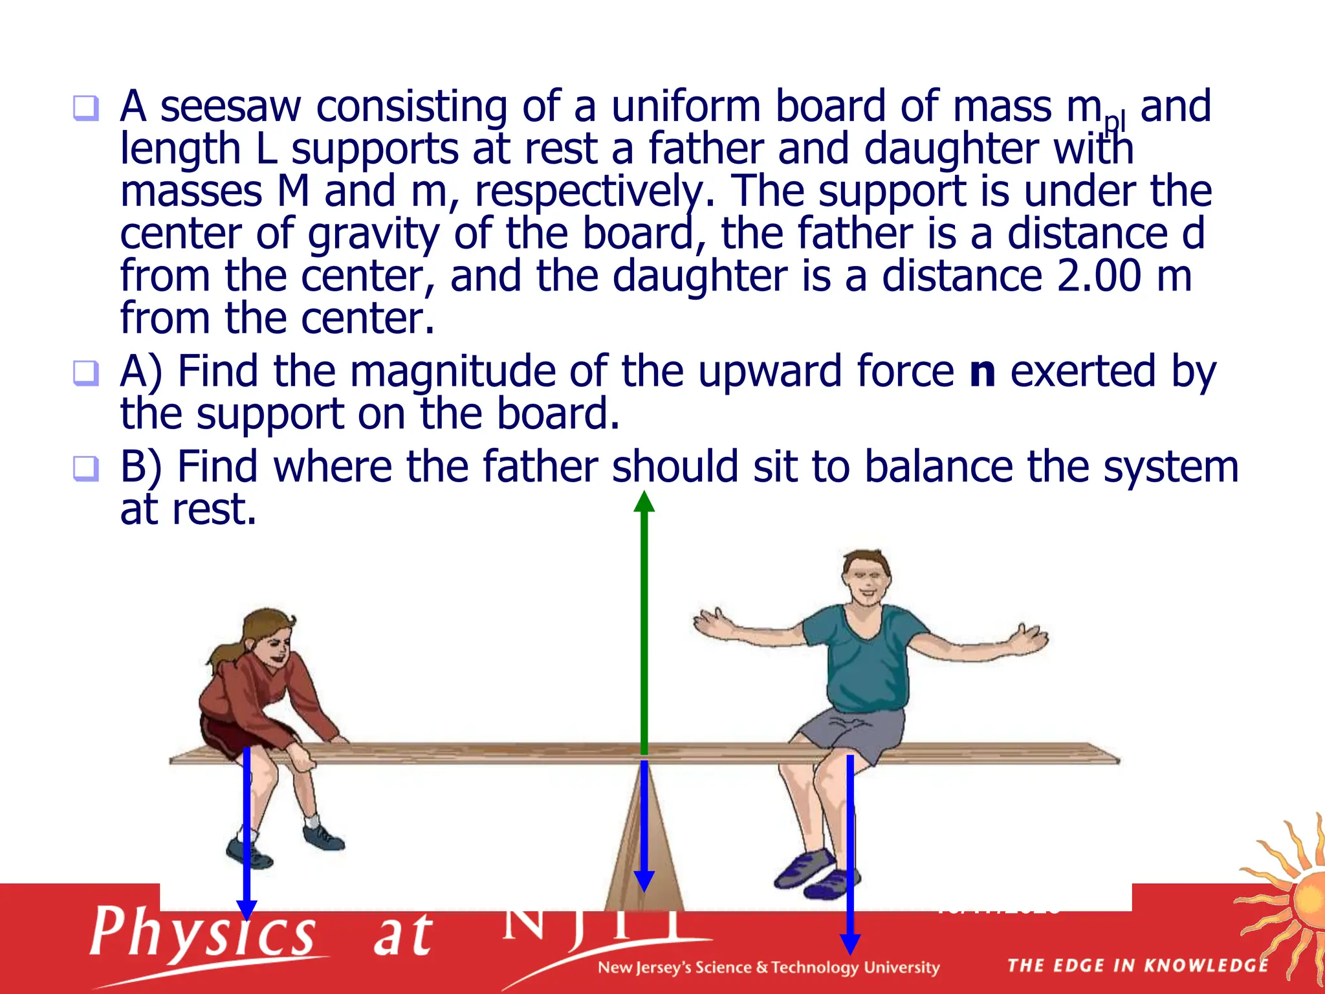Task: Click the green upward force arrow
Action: pyautogui.click(x=644, y=621)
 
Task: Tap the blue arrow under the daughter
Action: pyautogui.click(x=246, y=835)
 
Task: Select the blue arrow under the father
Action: pyautogui.click(x=850, y=854)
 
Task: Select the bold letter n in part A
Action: pyautogui.click(x=982, y=372)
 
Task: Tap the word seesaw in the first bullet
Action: pyautogui.click(x=230, y=107)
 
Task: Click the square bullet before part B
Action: pyautogui.click(x=86, y=469)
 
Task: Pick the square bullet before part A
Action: pyautogui.click(x=86, y=373)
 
